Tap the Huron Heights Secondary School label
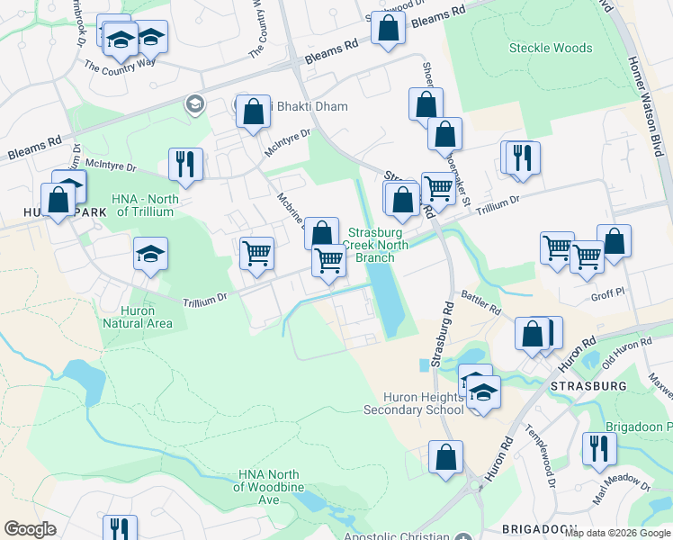coord(413,402)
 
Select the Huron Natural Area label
coord(137,316)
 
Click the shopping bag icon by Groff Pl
coord(614,241)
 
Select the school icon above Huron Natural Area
coord(151,253)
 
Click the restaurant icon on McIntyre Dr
coord(186,164)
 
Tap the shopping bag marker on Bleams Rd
coord(388,26)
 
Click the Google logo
coord(30,529)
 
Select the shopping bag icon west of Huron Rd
coord(445,456)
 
